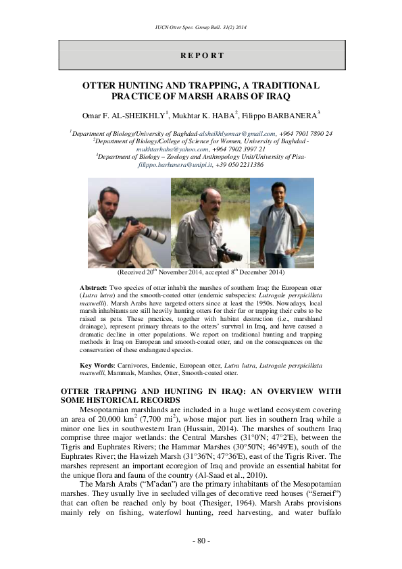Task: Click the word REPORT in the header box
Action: click(x=201, y=55)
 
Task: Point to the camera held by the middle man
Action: click(x=230, y=253)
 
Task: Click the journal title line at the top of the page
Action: click(x=201, y=26)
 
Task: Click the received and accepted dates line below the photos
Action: click(x=201, y=272)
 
